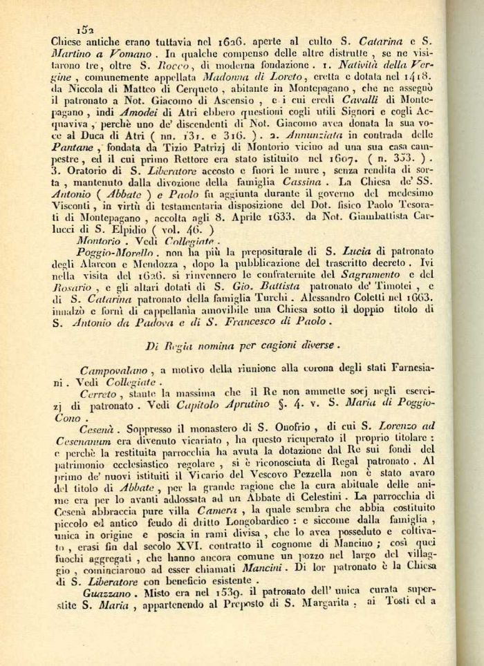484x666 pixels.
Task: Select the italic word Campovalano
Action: pos(115,370)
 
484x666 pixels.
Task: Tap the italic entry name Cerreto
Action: pos(97,393)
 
